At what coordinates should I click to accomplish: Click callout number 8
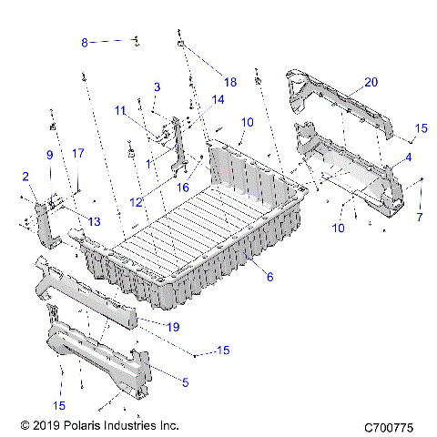(85, 42)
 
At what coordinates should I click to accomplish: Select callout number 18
(229, 82)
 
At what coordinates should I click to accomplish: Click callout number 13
(94, 221)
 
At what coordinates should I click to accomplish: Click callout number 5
(185, 383)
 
